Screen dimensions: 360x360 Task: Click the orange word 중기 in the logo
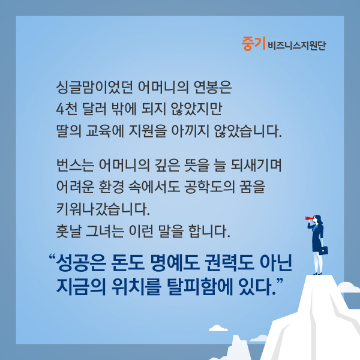(253, 44)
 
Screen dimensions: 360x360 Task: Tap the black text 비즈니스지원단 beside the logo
(297, 45)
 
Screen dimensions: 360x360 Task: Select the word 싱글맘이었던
(95, 87)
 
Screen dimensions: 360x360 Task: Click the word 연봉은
(212, 87)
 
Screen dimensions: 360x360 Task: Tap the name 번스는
(75, 165)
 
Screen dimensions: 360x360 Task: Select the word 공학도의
(209, 187)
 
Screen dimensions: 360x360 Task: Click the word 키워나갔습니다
(103, 209)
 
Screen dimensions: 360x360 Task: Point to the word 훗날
(68, 231)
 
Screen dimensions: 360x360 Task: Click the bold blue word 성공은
(81, 263)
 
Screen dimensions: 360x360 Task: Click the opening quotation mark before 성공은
(53, 257)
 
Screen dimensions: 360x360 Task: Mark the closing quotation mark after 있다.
(280, 281)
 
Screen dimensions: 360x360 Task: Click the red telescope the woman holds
(308, 218)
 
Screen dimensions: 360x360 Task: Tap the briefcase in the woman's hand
(323, 250)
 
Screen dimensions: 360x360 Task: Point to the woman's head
(317, 219)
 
